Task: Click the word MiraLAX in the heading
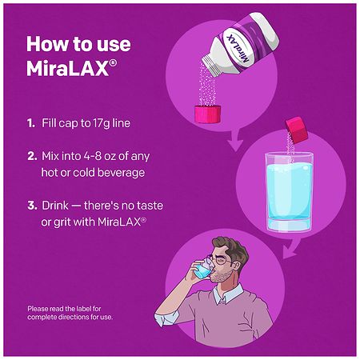pos(68,69)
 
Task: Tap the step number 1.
pos(31,123)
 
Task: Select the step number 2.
pos(32,156)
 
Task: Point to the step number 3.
pos(32,206)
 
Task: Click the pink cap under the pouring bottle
pos(207,114)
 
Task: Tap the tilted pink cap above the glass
pos(296,130)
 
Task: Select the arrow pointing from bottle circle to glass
pos(234,140)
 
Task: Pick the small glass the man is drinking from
pos(203,269)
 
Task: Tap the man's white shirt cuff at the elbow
pos(163,319)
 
